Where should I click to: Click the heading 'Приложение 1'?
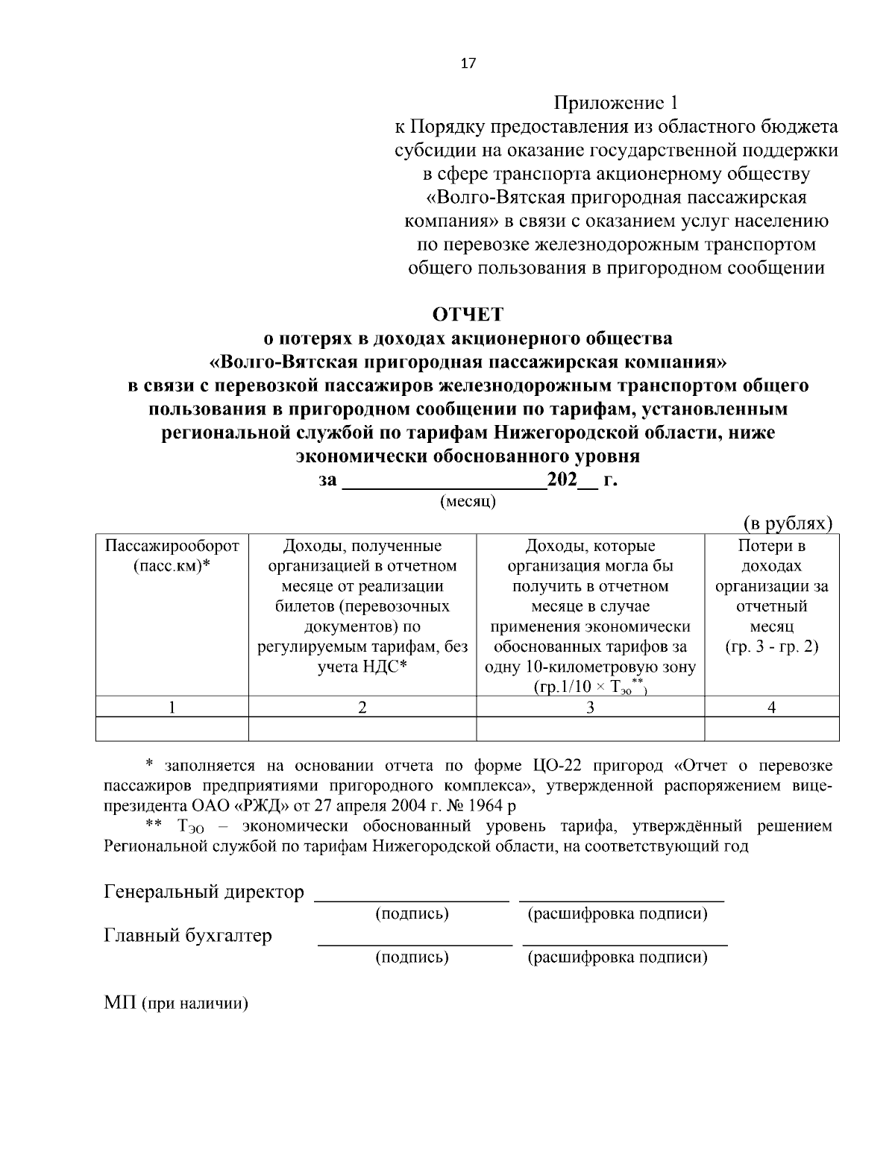coord(616,102)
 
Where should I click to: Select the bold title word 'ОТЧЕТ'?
coord(468,314)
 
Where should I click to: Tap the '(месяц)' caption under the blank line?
coord(468,502)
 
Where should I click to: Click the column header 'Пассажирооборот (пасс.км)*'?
coord(172,556)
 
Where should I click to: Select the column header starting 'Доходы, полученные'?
coord(362,606)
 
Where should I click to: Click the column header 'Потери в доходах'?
coord(772,597)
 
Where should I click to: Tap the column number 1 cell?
coord(172,708)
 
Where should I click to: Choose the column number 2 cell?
coord(362,708)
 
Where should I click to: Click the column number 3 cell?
coord(590,708)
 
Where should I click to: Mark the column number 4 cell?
coord(772,708)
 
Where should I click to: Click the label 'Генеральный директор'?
coord(204,892)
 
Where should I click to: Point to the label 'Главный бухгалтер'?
coord(187,935)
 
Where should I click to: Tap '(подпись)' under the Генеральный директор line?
coord(412,914)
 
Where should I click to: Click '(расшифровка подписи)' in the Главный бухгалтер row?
coord(618,957)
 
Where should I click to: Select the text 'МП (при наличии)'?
coord(175,1003)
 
